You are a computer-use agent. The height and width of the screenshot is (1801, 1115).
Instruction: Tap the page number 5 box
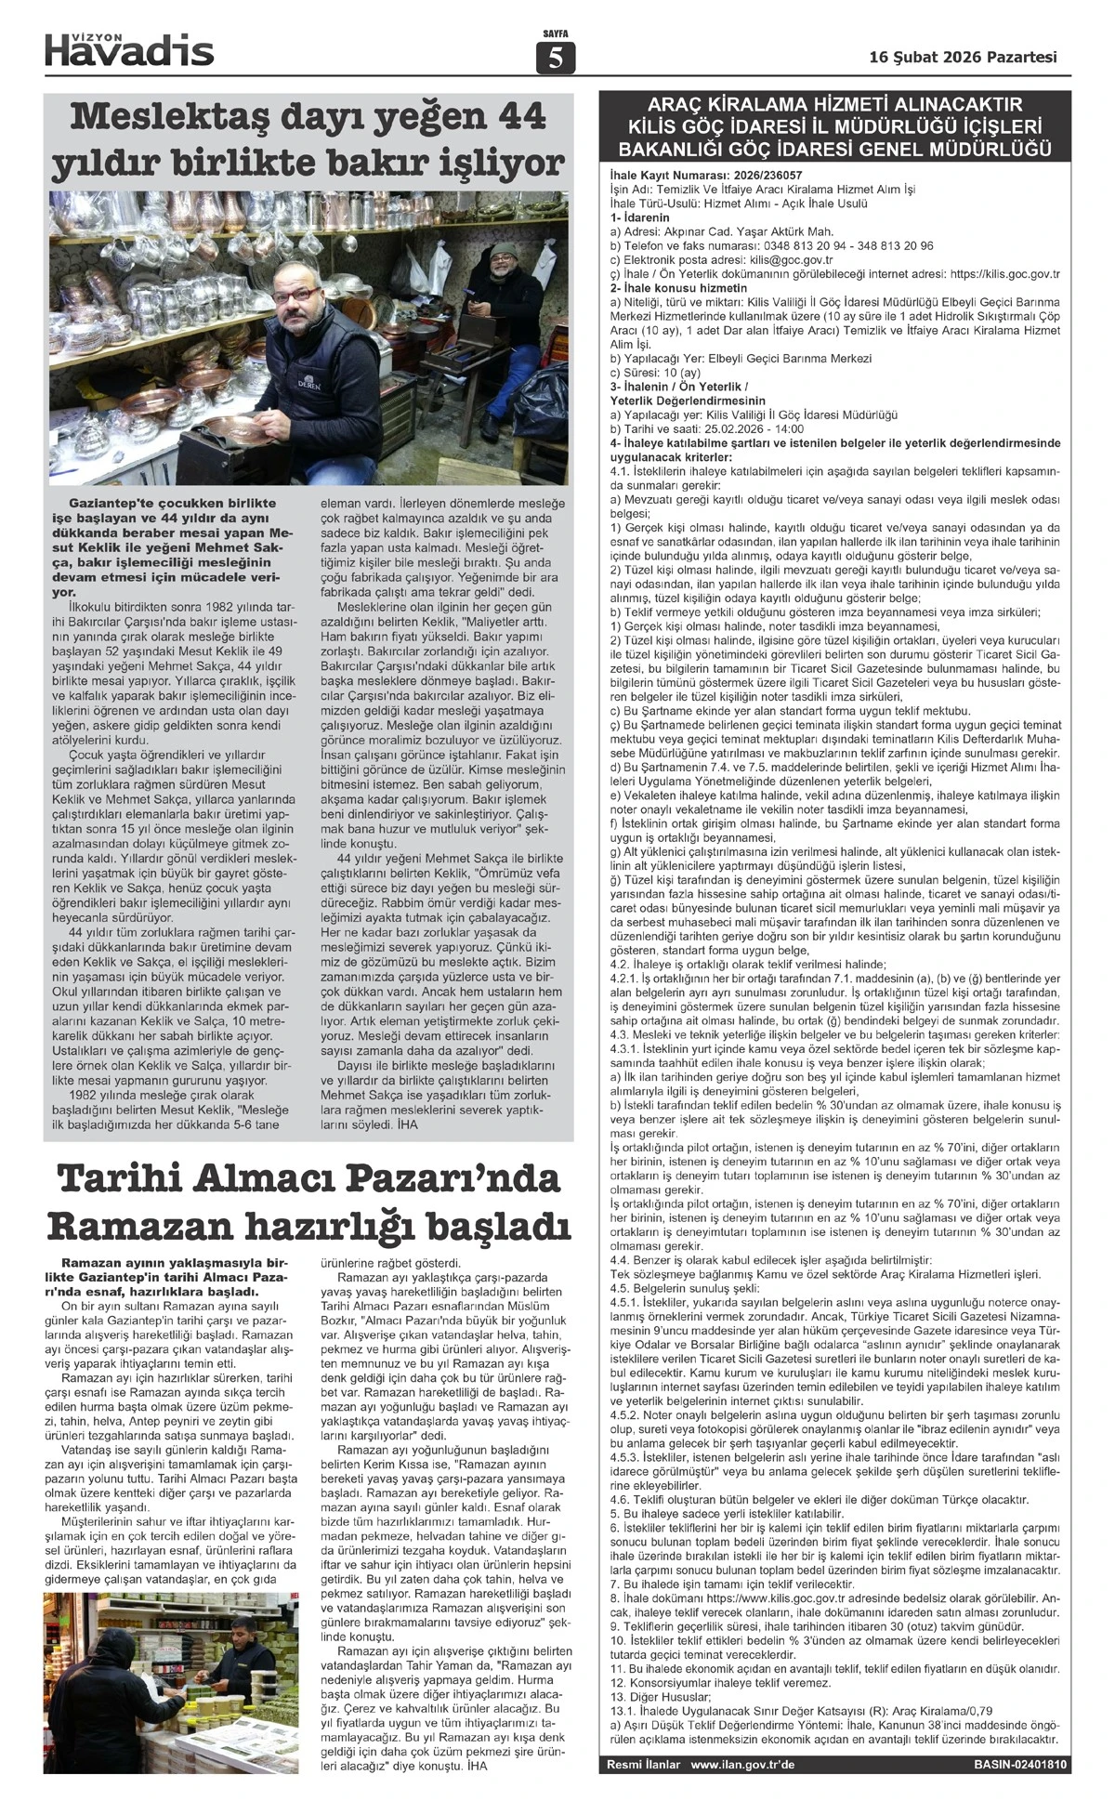coord(556,59)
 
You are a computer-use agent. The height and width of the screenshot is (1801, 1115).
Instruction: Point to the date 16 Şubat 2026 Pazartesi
coord(963,57)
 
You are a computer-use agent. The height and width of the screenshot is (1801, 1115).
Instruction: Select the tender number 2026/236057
coord(763,175)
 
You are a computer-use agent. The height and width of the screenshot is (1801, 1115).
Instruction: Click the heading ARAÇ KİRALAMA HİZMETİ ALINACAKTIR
coord(834,104)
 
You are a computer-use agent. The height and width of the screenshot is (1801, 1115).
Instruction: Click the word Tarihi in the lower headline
coord(120,1178)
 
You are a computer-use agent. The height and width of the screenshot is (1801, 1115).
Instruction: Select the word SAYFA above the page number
coord(556,34)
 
